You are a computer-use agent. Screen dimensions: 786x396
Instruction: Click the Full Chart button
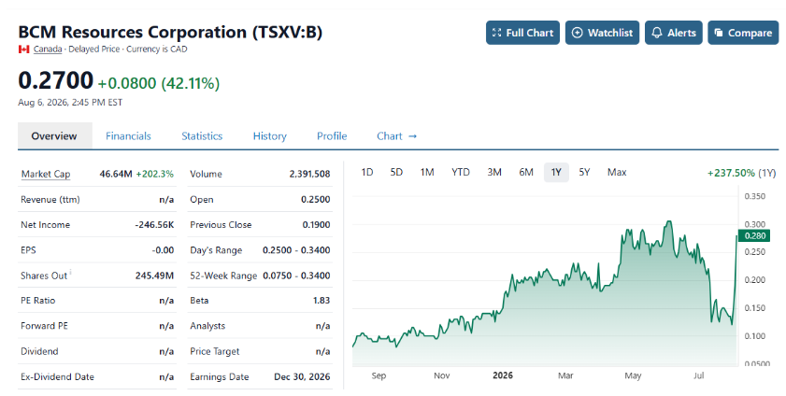(x=522, y=33)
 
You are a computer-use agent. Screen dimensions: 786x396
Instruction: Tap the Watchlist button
(x=602, y=33)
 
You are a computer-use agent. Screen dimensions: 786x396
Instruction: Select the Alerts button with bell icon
(x=673, y=33)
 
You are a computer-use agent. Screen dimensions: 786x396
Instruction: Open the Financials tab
(x=128, y=136)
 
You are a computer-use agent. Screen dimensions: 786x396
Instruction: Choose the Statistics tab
(x=202, y=136)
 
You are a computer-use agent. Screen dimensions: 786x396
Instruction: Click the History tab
(x=270, y=136)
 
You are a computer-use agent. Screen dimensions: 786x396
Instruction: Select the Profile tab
(x=332, y=136)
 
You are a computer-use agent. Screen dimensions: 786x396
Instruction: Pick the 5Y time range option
(x=584, y=172)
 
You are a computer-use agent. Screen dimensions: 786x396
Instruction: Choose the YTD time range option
(x=460, y=172)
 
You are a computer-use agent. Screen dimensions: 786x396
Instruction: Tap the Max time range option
(x=617, y=172)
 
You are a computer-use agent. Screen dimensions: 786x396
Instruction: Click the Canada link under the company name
(x=48, y=49)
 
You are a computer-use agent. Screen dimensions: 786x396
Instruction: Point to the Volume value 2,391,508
(x=309, y=175)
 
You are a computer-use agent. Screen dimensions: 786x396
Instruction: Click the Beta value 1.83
(x=322, y=301)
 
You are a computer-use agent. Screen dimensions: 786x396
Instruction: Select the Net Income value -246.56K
(x=154, y=225)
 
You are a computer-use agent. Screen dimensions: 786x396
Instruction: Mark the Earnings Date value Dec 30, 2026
(x=302, y=377)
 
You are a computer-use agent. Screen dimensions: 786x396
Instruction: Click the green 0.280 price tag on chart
(x=754, y=235)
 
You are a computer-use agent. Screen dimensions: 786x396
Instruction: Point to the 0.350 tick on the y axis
(x=754, y=196)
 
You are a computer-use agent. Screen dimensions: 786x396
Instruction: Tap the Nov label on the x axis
(x=442, y=375)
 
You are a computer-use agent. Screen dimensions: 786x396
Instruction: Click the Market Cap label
(x=46, y=175)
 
